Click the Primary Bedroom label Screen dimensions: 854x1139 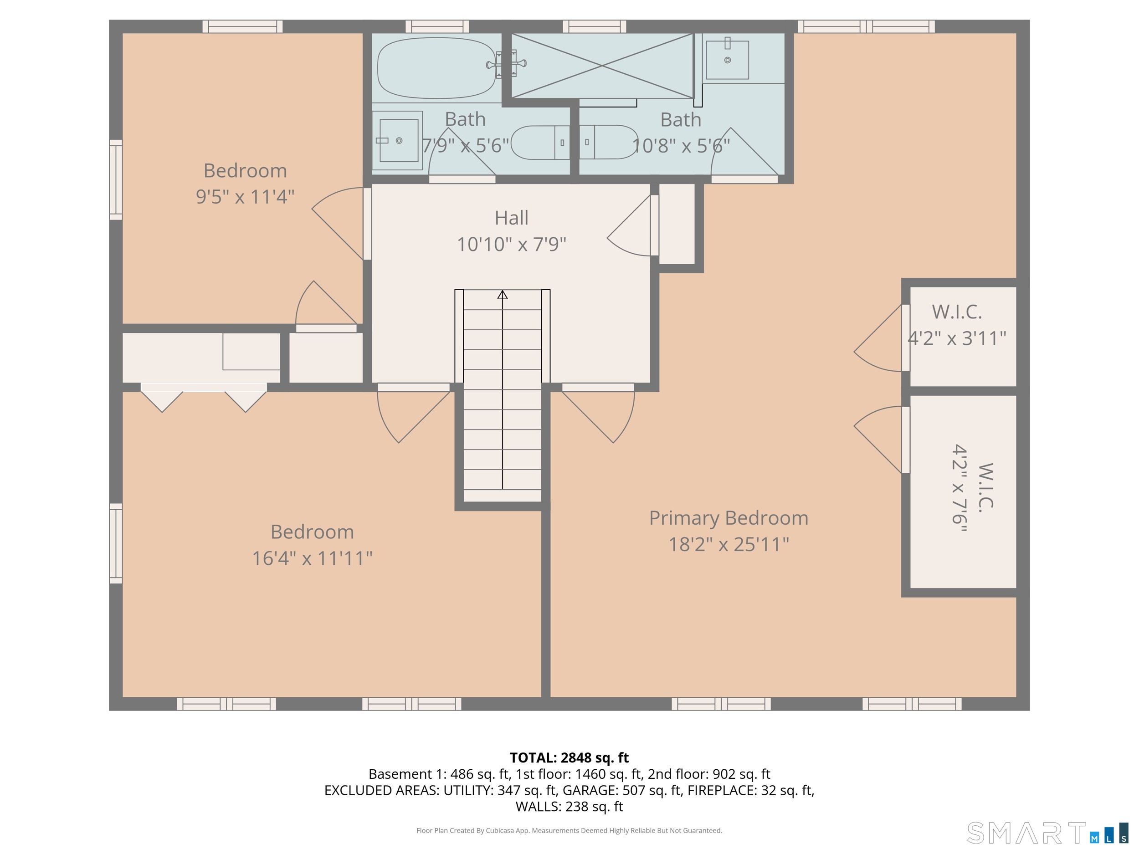[x=728, y=518]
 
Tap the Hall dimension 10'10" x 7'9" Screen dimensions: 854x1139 [x=511, y=245]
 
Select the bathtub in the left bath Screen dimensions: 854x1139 [x=436, y=68]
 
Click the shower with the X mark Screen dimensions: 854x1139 [x=602, y=66]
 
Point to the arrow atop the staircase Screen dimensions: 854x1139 [x=503, y=295]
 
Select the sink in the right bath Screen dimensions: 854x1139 [x=727, y=60]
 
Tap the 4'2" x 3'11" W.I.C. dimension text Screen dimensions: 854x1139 [x=957, y=339]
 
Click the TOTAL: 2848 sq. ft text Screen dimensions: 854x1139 [x=569, y=758]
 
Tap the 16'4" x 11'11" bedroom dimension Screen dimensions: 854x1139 [x=312, y=558]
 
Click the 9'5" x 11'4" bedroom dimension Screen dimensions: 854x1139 [x=245, y=197]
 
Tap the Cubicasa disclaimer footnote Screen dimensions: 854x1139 [x=569, y=830]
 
